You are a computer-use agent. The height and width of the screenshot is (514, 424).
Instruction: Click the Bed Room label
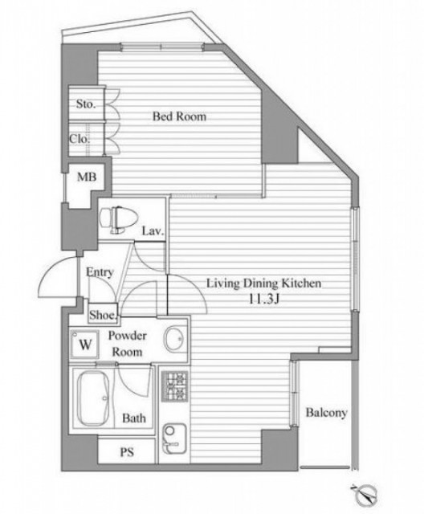(180, 116)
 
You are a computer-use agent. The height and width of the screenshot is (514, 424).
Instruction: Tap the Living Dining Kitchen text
(263, 284)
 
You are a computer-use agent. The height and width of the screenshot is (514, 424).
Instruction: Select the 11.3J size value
(263, 300)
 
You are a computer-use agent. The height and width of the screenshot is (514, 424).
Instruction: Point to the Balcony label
(326, 412)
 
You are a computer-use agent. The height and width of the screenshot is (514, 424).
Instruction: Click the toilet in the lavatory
(112, 219)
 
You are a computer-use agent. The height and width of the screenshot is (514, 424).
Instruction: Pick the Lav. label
(153, 231)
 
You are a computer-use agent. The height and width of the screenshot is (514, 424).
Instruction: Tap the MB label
(87, 177)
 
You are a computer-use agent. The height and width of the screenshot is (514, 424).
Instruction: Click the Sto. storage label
(85, 104)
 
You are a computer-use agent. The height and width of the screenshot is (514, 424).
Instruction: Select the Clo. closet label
(79, 139)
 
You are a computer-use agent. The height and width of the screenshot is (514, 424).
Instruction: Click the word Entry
(100, 272)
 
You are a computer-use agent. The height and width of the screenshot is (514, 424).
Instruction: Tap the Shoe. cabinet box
(103, 314)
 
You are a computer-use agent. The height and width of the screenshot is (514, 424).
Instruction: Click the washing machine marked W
(85, 344)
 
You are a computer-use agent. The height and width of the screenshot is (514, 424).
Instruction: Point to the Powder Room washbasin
(174, 339)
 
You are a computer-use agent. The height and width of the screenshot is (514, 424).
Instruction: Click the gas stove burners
(174, 387)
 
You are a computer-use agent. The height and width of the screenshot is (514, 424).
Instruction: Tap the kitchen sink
(174, 439)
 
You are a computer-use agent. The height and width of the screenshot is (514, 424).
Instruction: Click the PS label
(127, 452)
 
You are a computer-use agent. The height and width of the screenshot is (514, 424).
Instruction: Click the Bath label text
(134, 418)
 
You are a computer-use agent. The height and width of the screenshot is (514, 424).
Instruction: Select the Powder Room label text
(128, 344)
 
